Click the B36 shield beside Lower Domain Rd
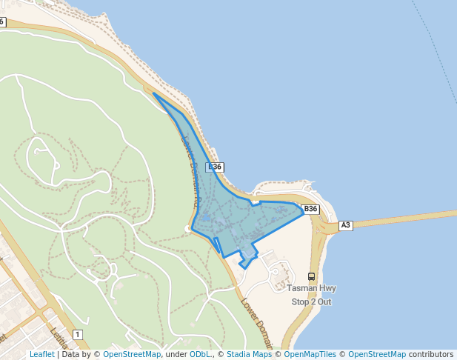[215, 167]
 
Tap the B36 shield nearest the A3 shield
[311, 209]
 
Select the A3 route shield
[346, 224]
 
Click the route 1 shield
[77, 335]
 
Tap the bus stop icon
[311, 276]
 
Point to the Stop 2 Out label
[311, 301]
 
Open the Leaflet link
[41, 354]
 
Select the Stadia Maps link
[249, 354]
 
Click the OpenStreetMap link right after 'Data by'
[132, 354]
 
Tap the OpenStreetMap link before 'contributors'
[377, 354]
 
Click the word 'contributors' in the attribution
[430, 354]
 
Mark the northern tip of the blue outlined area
[153, 93]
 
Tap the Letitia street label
[60, 338]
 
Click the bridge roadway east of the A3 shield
[407, 218]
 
